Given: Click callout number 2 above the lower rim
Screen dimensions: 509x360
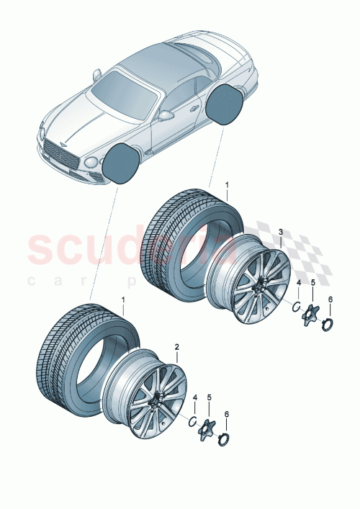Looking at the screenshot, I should (177, 347).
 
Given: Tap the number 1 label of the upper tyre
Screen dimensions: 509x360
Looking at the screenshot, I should (226, 185).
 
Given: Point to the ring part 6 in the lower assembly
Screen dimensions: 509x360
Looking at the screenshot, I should (225, 438).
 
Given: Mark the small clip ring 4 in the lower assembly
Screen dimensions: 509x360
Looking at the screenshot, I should (193, 420).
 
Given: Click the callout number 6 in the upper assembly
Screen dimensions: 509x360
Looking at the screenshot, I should (330, 299).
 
